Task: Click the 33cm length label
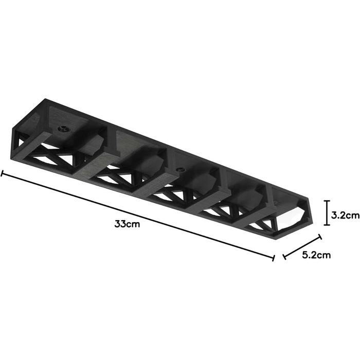coord(127,224)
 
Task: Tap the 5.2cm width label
coord(316,255)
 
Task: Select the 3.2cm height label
coord(345,215)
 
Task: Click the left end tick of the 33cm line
coord(2,173)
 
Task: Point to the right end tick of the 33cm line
coord(273,258)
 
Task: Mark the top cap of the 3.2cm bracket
coord(327,201)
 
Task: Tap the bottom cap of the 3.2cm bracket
coord(327,225)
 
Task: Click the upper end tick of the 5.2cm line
coord(319,237)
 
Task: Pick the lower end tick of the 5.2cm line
coord(284,257)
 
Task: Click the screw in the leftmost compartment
coord(64,130)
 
